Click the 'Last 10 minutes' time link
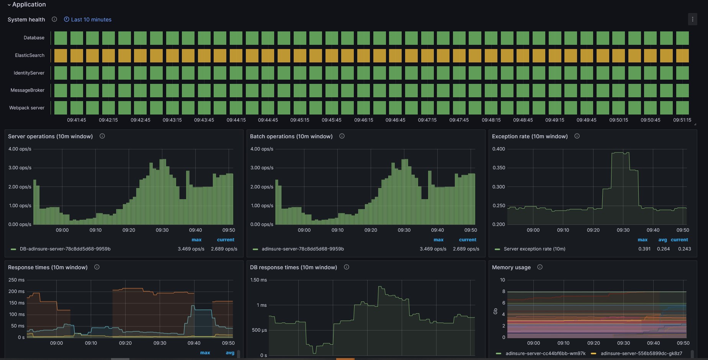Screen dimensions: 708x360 point(88,20)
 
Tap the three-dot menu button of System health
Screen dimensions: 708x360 point(692,19)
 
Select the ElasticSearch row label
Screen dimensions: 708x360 point(29,56)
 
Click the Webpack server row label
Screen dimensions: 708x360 point(27,108)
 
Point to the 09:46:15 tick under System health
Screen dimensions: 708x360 point(363,120)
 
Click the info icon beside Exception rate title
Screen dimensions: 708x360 point(577,136)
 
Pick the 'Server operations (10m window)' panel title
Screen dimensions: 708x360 point(51,136)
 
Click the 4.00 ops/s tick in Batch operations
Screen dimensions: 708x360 point(262,149)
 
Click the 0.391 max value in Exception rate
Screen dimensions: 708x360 point(644,249)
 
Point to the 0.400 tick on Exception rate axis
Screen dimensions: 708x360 point(499,149)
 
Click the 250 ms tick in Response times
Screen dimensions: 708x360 point(16,280)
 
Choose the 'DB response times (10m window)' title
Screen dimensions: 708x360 point(294,267)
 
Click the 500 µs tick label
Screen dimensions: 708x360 point(259,330)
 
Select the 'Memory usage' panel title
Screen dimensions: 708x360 point(511,267)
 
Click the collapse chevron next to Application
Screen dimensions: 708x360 point(9,5)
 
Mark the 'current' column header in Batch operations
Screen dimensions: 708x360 point(468,240)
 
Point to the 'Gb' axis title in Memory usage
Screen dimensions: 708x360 point(495,311)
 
